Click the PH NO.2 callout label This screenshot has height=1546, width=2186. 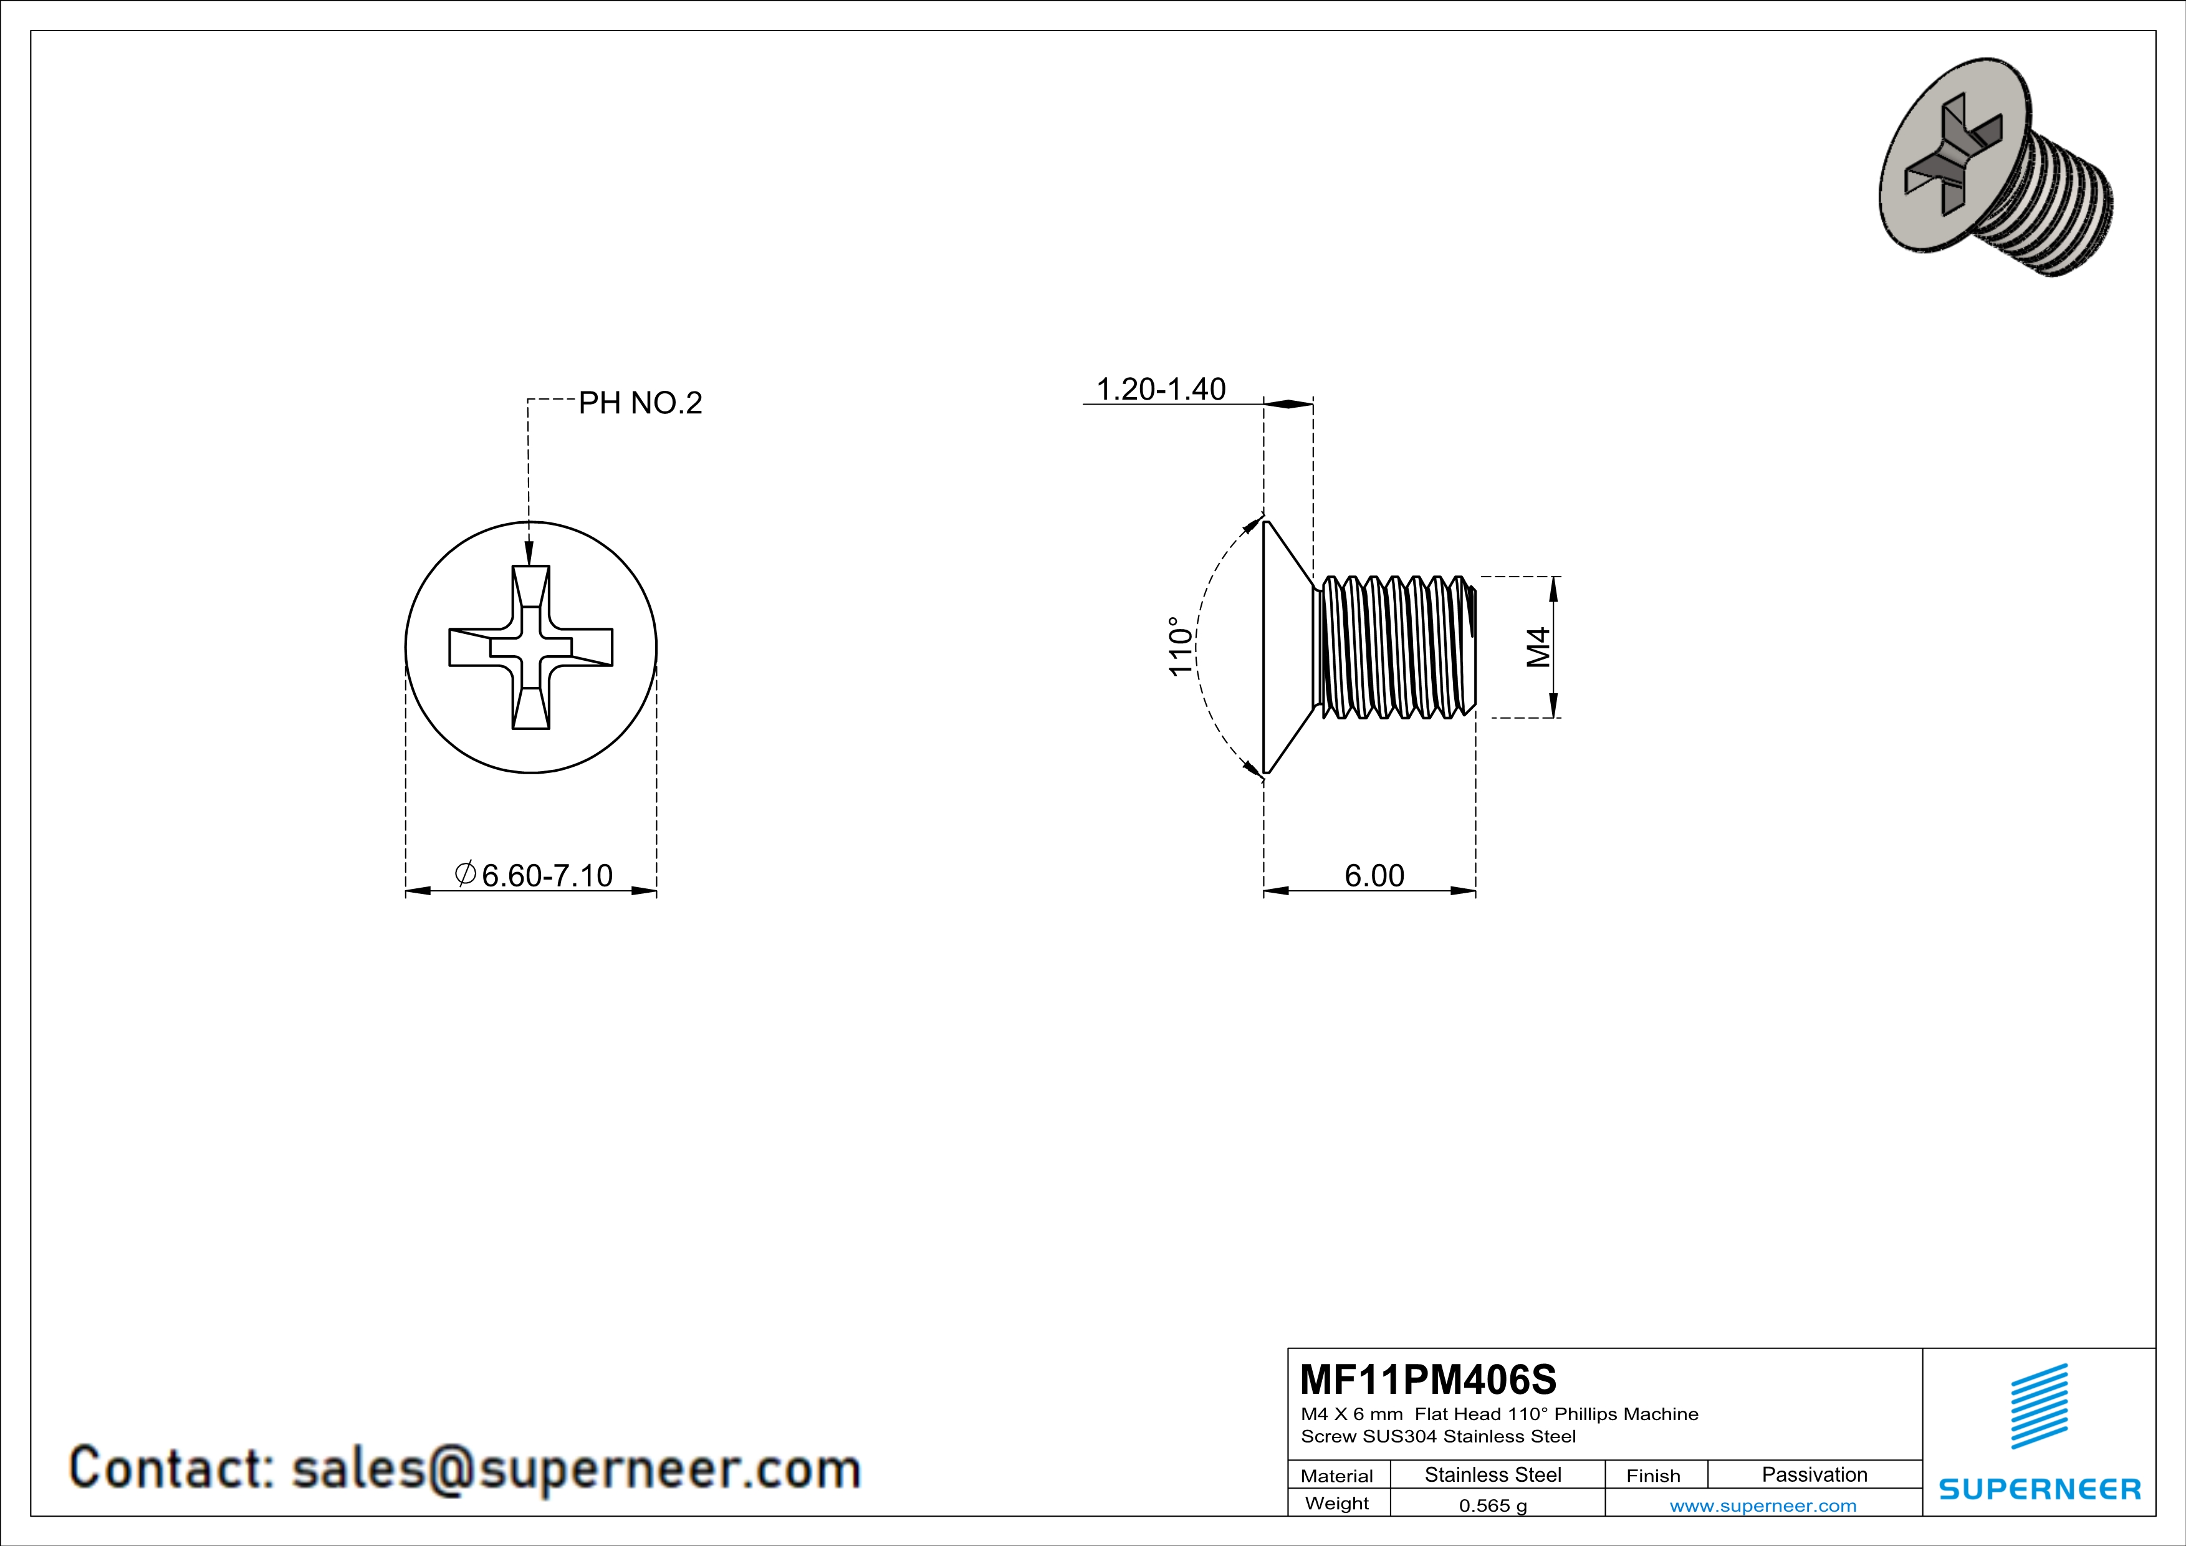(640, 403)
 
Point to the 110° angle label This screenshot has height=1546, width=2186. (1179, 647)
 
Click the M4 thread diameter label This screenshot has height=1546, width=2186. (1538, 647)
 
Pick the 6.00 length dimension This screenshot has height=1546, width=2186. (1374, 875)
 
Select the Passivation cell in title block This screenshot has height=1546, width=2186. (1814, 1474)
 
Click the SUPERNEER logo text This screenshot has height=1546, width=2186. (2040, 1489)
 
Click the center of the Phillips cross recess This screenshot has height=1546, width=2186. (530, 647)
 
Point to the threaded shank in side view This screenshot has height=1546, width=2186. (1395, 647)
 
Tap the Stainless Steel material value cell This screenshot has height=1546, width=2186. (1493, 1474)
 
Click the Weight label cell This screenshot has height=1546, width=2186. (1337, 1503)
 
